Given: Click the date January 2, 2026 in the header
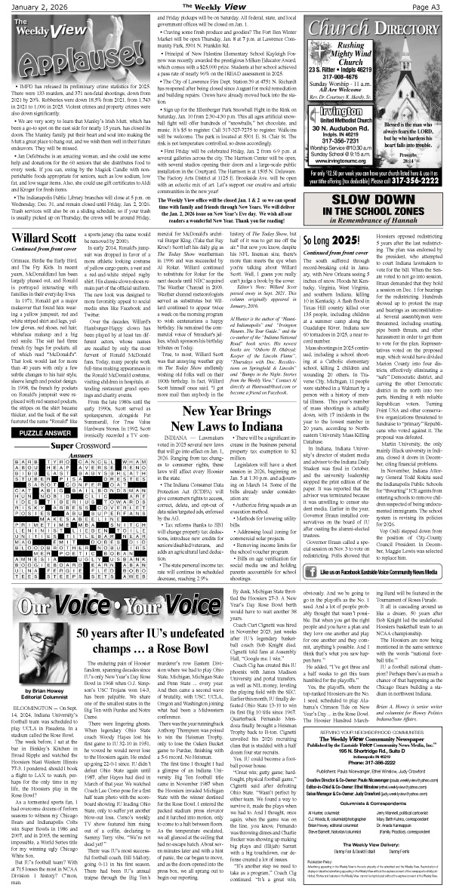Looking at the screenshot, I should coord(28,6).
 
